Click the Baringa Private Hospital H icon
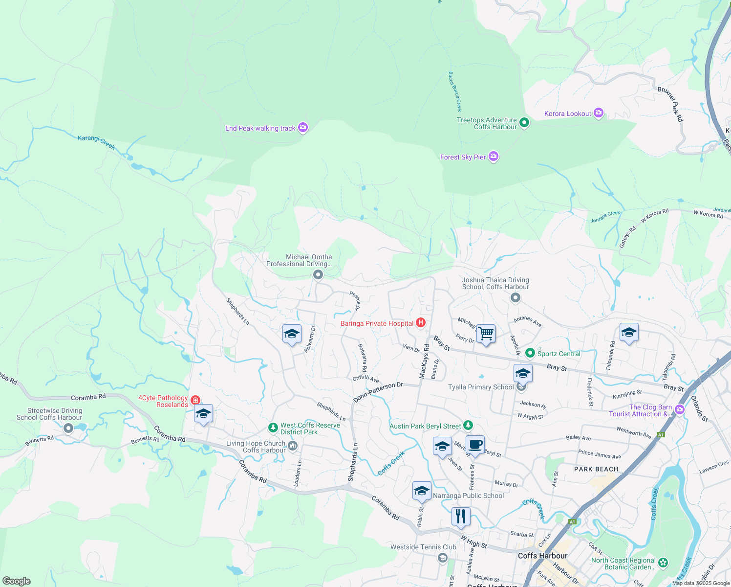420,323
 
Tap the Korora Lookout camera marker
598,113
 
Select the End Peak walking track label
260,128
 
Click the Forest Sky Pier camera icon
494,157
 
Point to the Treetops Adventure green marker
524,122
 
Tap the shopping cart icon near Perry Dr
486,334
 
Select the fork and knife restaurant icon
461,516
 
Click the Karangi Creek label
96,142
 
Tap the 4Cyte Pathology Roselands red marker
195,400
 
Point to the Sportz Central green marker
530,353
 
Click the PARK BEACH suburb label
596,469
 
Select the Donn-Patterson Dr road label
378,392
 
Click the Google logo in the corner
17,581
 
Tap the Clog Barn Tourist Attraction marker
679,409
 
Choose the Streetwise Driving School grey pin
68,429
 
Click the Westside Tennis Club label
423,547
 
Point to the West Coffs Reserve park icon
273,428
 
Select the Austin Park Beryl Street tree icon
468,426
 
